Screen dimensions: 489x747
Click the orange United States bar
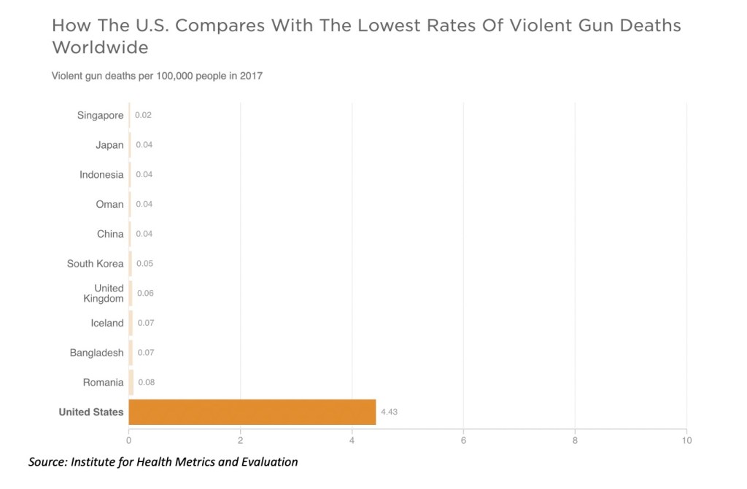click(252, 412)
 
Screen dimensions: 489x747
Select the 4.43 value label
click(389, 412)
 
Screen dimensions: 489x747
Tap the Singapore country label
click(101, 115)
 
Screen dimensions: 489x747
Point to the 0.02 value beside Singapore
click(143, 115)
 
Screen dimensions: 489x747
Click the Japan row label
click(109, 145)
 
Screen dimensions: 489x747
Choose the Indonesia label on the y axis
click(101, 175)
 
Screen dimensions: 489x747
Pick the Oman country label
click(109, 204)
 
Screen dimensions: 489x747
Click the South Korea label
click(96, 264)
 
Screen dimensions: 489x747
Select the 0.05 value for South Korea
click(144, 264)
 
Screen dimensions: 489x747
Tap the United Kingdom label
click(104, 294)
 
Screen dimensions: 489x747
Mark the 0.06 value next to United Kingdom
click(145, 294)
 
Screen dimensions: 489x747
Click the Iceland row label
click(107, 323)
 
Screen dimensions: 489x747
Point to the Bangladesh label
click(97, 353)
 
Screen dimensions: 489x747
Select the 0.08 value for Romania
click(146, 383)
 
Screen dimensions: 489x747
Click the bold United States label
click(91, 412)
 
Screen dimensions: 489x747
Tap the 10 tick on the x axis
click(686, 440)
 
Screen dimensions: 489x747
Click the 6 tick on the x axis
click(463, 440)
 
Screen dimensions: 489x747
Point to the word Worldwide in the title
click(100, 48)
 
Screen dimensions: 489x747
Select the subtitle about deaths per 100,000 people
click(157, 76)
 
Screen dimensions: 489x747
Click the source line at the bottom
click(163, 462)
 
